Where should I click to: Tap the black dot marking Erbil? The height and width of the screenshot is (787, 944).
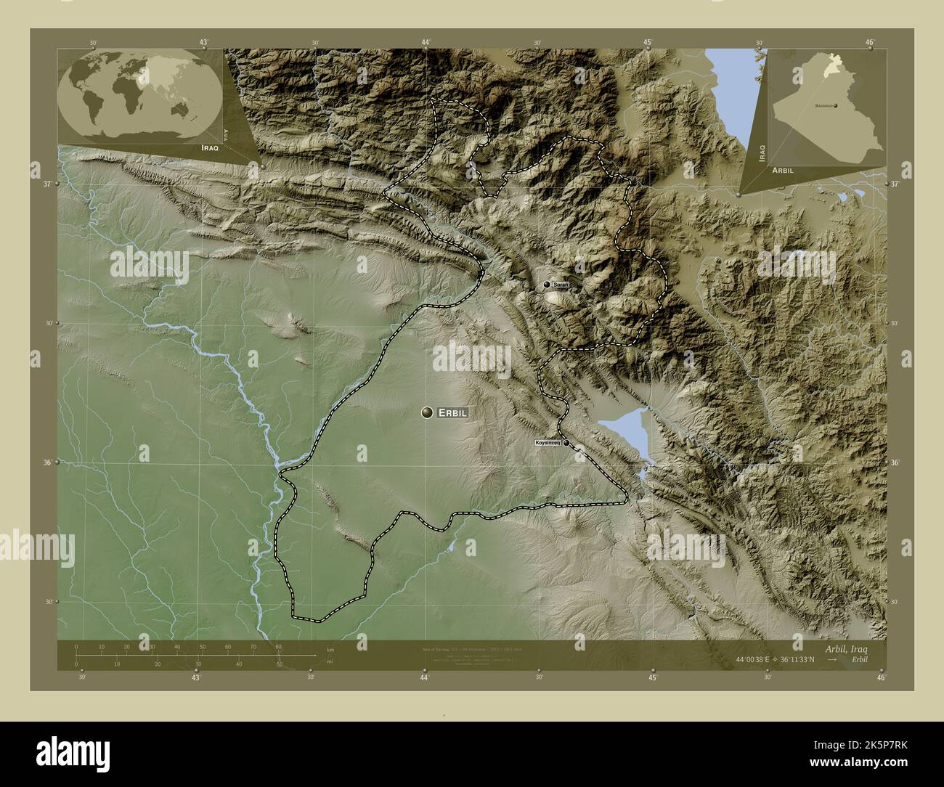[x=427, y=412]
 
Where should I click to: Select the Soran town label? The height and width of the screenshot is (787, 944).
[x=561, y=285]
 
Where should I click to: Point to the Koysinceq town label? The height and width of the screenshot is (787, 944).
[x=547, y=442]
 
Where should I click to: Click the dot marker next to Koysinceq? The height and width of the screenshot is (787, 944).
[x=566, y=442]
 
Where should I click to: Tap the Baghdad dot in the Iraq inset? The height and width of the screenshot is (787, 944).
[x=836, y=106]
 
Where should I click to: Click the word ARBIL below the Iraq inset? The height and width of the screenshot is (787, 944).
[x=783, y=169]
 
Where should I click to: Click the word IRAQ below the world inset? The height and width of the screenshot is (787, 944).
[x=206, y=147]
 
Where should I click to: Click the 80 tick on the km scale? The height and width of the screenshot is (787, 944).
[x=278, y=647]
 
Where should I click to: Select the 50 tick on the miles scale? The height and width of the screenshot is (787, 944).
[x=279, y=664]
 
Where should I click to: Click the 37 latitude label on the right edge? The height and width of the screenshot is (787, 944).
[x=895, y=184]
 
